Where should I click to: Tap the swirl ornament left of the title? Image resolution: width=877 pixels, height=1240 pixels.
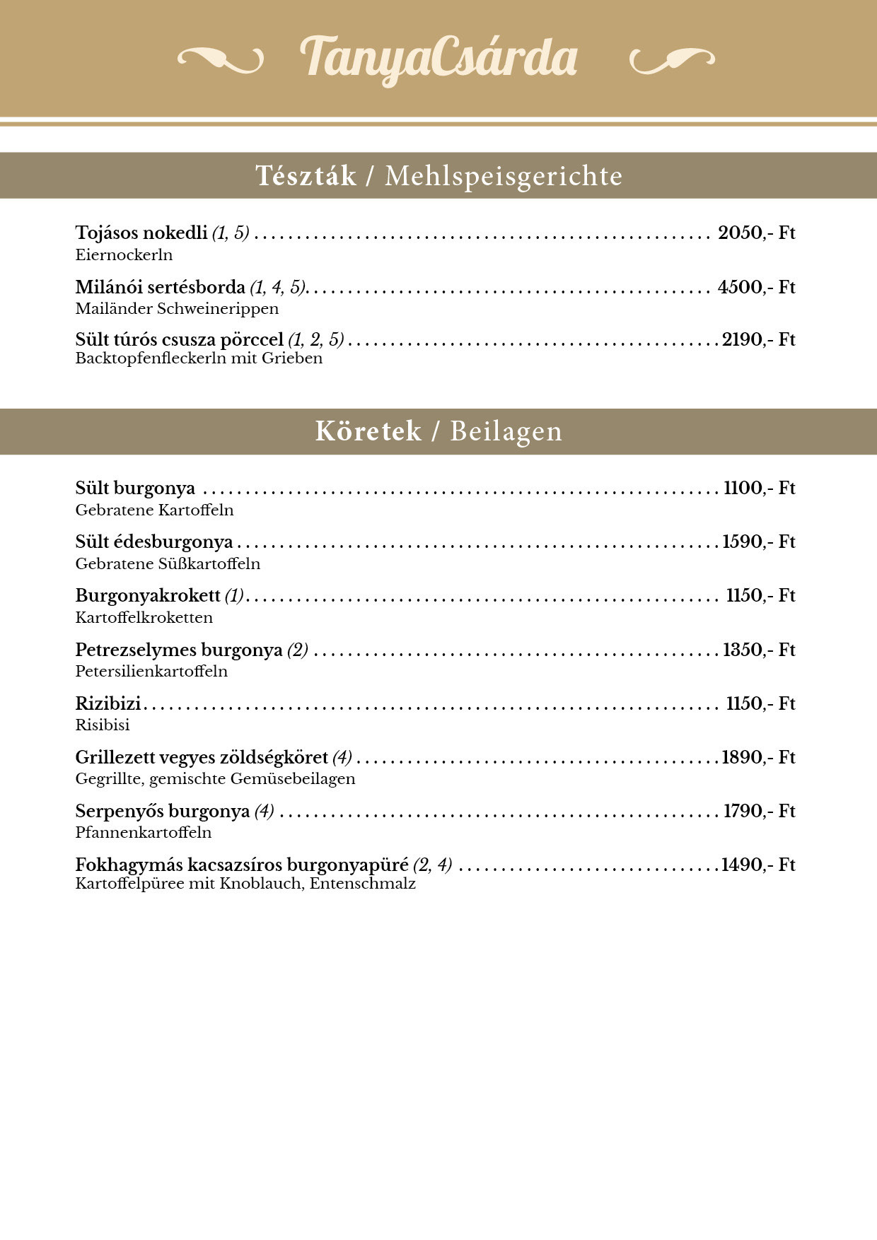(x=220, y=60)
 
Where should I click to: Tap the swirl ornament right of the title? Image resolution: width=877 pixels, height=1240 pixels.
(x=671, y=60)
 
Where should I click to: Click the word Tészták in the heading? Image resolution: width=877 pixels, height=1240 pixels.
(x=306, y=176)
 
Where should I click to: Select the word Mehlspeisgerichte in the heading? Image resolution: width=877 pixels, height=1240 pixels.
(x=503, y=176)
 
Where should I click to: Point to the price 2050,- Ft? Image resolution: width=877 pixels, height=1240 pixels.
(x=756, y=233)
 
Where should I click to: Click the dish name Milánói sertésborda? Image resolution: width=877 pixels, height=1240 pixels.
(x=160, y=287)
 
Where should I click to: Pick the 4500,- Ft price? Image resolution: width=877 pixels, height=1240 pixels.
(x=756, y=287)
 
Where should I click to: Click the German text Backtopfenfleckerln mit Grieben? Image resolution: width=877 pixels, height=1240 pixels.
(x=199, y=358)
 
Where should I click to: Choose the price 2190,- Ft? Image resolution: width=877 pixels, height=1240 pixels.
(x=758, y=340)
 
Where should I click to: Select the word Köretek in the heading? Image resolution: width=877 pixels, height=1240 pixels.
(x=368, y=431)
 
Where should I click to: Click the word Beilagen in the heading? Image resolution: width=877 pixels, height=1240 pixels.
(x=506, y=431)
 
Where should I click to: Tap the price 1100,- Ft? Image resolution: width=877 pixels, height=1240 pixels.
(x=759, y=489)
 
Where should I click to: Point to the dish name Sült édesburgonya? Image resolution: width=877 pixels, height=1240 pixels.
(x=154, y=542)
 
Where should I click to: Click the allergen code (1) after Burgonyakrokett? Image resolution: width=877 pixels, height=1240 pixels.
(x=234, y=596)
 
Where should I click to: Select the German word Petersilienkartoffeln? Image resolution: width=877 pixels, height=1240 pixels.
(x=151, y=672)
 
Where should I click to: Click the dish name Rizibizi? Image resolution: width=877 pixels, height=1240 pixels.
(x=108, y=704)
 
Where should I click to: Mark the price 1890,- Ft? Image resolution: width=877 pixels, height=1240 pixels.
(x=758, y=758)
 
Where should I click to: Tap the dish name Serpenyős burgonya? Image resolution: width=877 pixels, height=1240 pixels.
(x=163, y=812)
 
